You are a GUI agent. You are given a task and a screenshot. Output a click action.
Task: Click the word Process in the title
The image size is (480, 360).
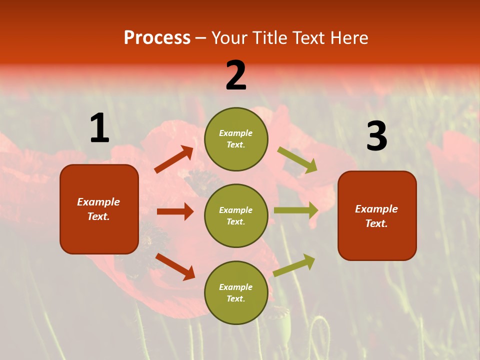click(x=157, y=38)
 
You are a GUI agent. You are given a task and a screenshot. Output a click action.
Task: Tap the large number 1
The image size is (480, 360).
click(x=99, y=128)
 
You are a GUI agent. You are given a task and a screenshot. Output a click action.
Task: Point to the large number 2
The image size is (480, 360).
click(x=236, y=75)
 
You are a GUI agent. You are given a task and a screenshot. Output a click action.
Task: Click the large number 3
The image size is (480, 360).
click(x=376, y=136)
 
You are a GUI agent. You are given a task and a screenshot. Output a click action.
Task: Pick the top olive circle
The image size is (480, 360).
click(x=236, y=138)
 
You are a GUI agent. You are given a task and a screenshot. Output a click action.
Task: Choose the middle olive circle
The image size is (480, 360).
click(x=236, y=215)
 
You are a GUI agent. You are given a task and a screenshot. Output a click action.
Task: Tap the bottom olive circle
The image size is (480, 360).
click(x=236, y=292)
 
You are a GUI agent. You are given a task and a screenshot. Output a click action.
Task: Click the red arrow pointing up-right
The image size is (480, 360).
click(x=174, y=159)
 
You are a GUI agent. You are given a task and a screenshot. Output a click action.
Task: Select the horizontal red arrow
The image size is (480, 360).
click(x=175, y=211)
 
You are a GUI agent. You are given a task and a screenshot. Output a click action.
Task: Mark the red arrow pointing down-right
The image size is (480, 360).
click(x=175, y=266)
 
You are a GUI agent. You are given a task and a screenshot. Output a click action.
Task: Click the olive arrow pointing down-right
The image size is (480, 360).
click(x=297, y=160)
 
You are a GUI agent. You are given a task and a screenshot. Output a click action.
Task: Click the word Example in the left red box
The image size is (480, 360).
click(x=98, y=202)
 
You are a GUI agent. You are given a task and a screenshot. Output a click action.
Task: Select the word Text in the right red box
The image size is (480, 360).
click(x=376, y=223)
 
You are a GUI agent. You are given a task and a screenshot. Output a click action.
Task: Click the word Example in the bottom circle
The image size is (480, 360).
click(x=236, y=287)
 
